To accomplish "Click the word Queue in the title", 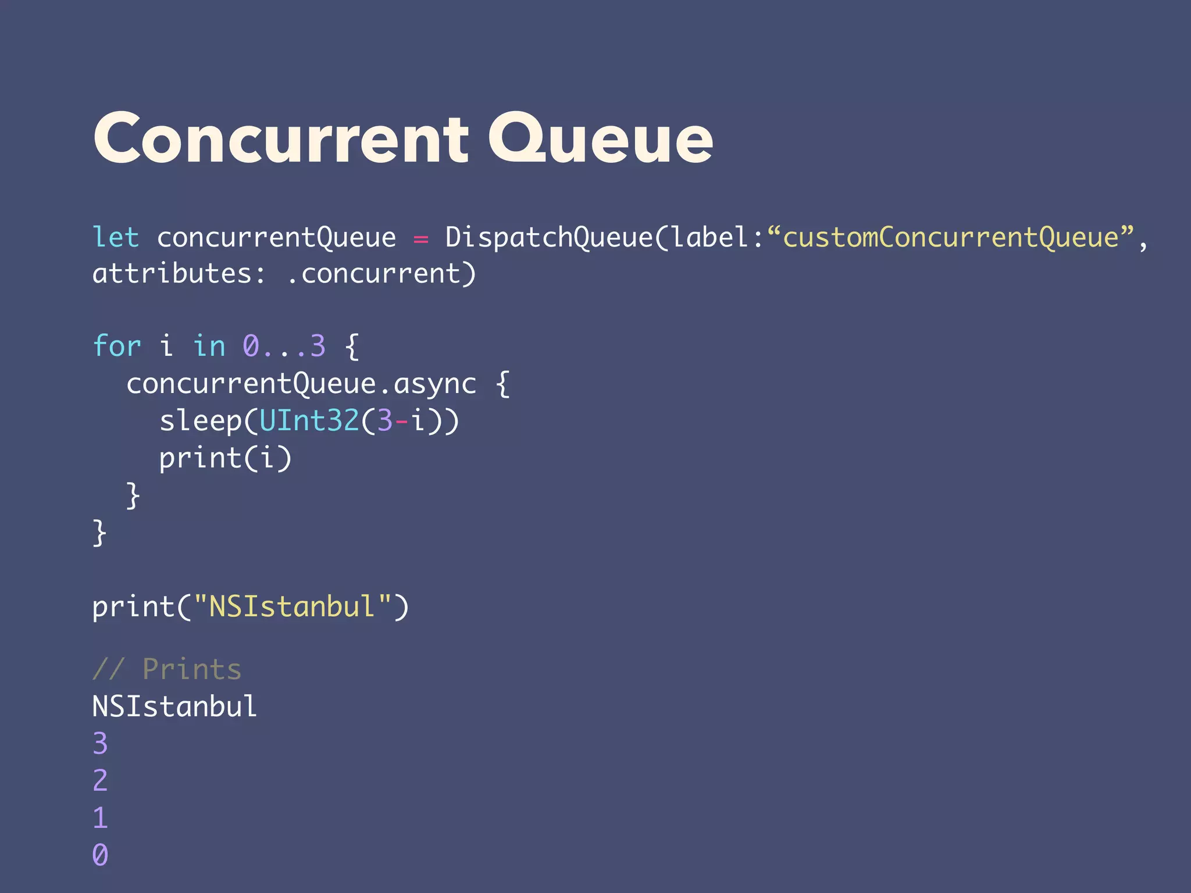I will pyautogui.click(x=600, y=140).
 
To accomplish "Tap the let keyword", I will pyautogui.click(x=116, y=237).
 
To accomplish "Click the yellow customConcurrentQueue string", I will pyautogui.click(x=950, y=237).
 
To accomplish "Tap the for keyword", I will pyautogui.click(x=117, y=346).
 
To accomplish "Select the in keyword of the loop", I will pyautogui.click(x=209, y=346).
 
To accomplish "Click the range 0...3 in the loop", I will pyautogui.click(x=284, y=346).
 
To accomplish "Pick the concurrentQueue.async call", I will pyautogui.click(x=301, y=384).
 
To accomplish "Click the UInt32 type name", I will pyautogui.click(x=309, y=420).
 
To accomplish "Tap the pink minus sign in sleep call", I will pyautogui.click(x=402, y=420).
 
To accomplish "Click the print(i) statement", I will pyautogui.click(x=225, y=458).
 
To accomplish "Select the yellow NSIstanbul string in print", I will pyautogui.click(x=292, y=606).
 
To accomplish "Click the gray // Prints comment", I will pyautogui.click(x=167, y=669).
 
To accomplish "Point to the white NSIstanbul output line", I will pyautogui.click(x=174, y=706).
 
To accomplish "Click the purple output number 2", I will pyautogui.click(x=100, y=780).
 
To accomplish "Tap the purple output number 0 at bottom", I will pyautogui.click(x=100, y=855).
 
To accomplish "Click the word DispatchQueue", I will pyautogui.click(x=549, y=237).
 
